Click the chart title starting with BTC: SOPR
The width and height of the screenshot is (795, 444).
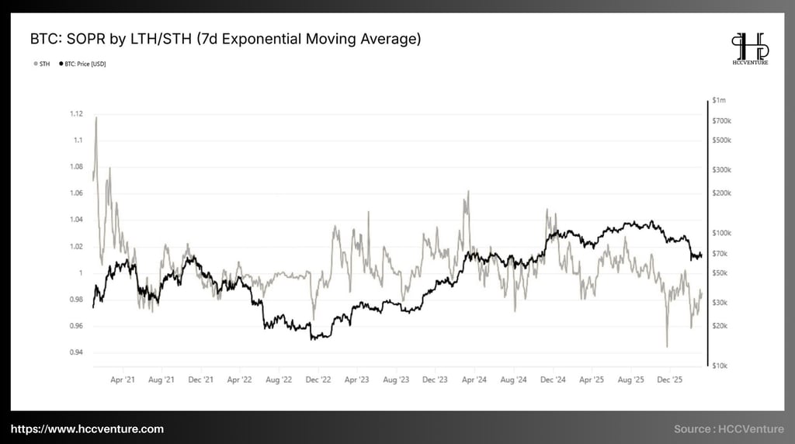225,39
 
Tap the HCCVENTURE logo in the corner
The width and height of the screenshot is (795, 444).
749,48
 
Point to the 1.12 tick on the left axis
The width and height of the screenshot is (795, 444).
75,114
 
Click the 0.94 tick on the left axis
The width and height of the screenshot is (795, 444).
75,352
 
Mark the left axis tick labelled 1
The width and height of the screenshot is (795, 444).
79,273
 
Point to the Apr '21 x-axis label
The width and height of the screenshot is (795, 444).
123,380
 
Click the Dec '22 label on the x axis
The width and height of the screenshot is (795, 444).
318,380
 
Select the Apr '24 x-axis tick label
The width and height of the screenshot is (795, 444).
474,380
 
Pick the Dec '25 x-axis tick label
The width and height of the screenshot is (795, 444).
670,380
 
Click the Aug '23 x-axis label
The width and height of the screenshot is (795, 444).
395,380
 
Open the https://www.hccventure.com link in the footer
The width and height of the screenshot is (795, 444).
87,429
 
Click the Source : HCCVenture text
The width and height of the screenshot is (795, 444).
729,429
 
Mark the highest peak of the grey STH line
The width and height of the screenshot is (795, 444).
96,118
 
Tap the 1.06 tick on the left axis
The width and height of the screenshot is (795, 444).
75,193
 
